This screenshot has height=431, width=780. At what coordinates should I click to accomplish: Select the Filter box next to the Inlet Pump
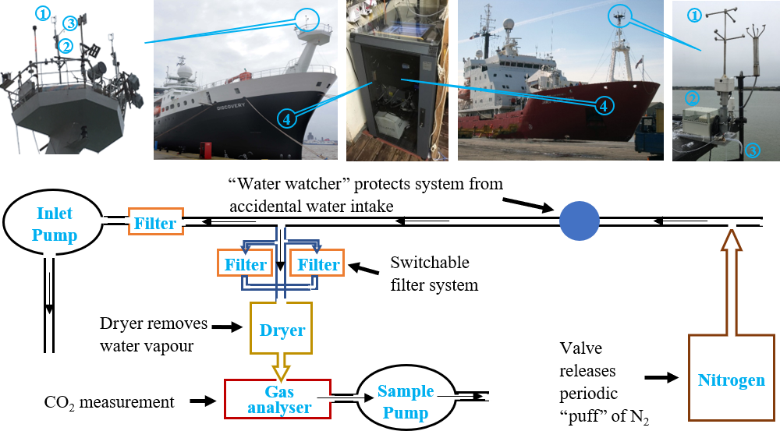pos(154,224)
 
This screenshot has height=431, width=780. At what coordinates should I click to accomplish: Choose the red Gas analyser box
pos(278,399)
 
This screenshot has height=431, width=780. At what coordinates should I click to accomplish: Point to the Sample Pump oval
pos(405,401)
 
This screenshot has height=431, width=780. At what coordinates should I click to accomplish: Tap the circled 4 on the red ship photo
pos(603,104)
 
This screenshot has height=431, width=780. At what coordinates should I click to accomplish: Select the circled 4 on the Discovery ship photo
pos(287,118)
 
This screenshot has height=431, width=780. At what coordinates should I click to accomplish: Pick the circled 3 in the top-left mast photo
pos(70,22)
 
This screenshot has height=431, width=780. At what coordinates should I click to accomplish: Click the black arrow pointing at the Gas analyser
pos(201,401)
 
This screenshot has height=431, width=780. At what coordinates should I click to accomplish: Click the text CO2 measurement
pos(110,402)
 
